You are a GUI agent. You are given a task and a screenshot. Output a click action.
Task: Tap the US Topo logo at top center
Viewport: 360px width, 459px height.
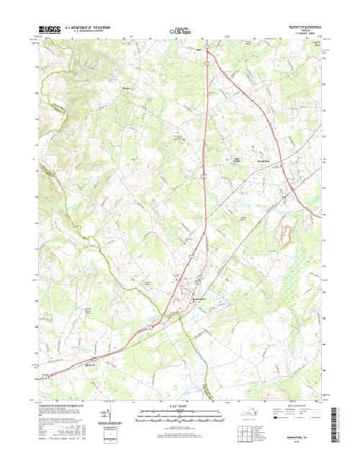180,31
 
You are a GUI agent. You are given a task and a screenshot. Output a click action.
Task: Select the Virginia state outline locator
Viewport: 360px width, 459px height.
246,416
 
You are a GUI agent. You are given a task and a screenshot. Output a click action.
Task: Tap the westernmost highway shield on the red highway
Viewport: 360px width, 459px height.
45,375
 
